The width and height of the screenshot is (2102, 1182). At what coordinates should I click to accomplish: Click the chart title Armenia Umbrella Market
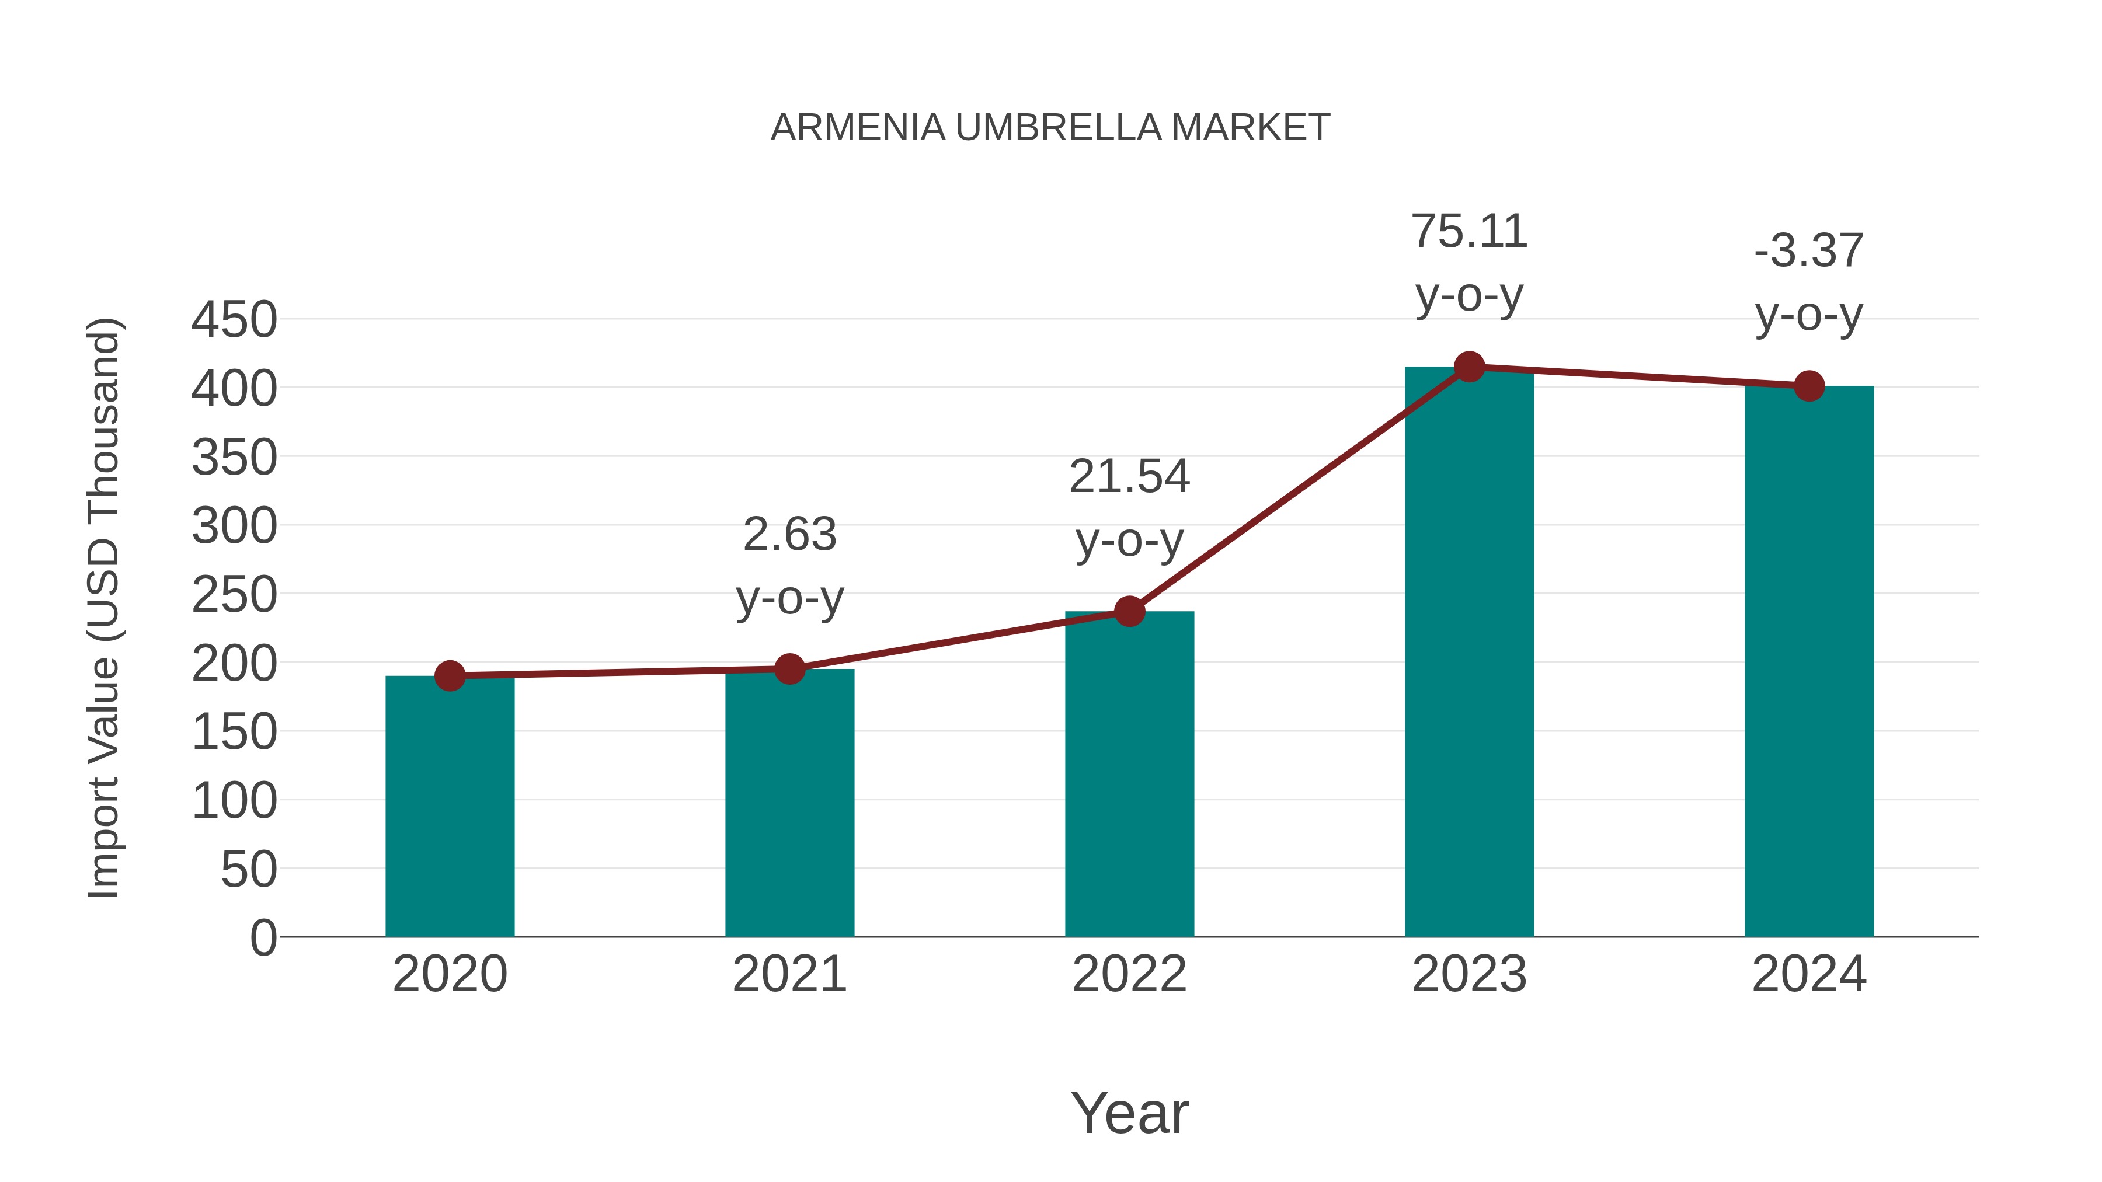coord(1050,128)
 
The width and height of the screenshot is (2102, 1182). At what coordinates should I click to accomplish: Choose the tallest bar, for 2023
coord(1469,653)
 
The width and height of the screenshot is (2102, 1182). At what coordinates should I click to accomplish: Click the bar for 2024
coord(1809,661)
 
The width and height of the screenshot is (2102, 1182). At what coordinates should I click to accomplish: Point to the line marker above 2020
coord(450,675)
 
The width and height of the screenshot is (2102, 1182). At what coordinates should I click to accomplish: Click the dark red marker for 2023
coord(1469,367)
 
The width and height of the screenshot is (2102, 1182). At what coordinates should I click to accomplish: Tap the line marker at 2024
coord(1809,386)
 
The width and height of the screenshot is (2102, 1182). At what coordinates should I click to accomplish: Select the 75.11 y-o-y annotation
coord(1469,263)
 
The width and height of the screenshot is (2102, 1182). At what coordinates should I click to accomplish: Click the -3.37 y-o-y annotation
coord(1809,283)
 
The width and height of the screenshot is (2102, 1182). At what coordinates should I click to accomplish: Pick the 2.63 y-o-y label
coord(789,566)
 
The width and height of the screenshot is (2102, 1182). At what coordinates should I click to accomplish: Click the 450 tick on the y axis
coord(234,320)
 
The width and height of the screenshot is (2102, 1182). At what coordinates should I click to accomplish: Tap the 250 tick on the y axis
coord(234,595)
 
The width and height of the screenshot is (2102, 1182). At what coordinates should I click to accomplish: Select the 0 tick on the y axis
coord(263,937)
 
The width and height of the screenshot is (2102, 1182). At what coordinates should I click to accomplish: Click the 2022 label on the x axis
coord(1129,974)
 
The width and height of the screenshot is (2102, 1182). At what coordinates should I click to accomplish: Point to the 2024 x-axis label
coord(1809,974)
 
